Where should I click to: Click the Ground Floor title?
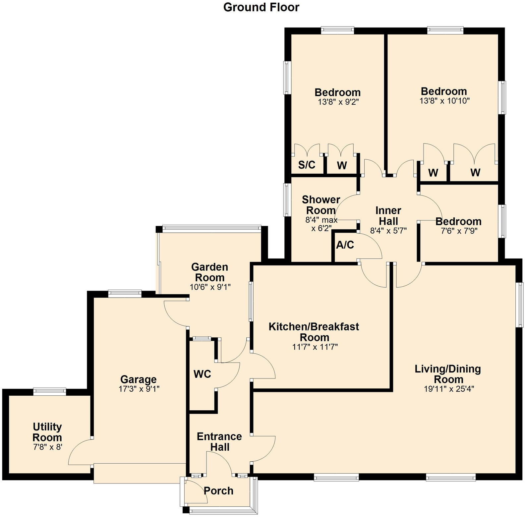261,7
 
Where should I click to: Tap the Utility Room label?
47,432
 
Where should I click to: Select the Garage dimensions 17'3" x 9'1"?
139,389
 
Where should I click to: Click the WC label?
202,374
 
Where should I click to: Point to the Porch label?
218,491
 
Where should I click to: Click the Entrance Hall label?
219,442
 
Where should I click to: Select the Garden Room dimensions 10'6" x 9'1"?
210,287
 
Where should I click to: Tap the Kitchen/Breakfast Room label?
314,332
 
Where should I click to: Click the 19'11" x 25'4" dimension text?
449,389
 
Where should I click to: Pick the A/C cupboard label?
345,245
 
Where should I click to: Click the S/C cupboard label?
307,165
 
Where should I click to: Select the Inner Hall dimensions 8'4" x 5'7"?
388,231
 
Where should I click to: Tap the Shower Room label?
321,205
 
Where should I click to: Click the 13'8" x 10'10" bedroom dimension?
444,101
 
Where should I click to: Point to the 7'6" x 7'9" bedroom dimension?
459,231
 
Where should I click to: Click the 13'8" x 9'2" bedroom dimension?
338,102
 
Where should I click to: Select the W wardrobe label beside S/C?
342,165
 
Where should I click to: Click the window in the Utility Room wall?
50,392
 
